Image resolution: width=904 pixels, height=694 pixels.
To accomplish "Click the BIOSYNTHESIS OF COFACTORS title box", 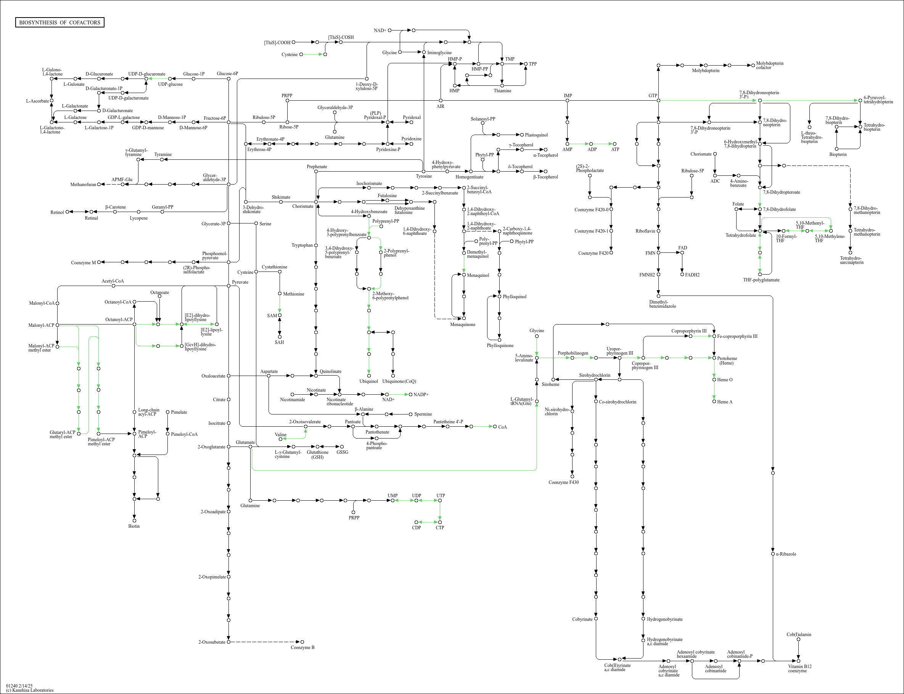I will point(60,22).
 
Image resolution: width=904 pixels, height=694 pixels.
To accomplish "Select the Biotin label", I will point(134,526).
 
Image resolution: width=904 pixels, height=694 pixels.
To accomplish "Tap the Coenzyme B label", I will point(302,647).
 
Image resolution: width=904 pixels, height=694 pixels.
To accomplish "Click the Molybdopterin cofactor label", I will point(769,65).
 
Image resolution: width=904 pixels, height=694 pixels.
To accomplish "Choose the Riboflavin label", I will point(645,231).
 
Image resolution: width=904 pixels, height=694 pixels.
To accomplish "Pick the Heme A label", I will point(725,402).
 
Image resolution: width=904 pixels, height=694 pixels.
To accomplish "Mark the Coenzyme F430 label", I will point(563,482).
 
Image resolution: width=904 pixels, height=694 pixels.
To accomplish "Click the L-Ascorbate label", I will point(37,101).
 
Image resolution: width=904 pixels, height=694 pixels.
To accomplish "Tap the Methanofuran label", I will point(83,185).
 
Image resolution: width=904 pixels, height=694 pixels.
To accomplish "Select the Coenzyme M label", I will point(83,263).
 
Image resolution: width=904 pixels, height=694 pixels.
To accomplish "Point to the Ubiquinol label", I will point(368,381).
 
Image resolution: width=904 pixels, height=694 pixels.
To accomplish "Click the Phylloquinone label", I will point(500,345).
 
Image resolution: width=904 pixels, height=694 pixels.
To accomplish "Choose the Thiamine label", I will point(502,91).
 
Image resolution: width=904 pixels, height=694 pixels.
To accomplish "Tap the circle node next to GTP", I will point(658,100).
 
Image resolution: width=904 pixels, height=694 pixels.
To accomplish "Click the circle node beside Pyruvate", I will point(228,286).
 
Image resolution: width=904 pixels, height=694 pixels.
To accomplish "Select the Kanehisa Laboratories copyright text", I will point(30,690).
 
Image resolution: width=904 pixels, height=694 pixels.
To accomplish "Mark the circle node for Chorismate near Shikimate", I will point(316,202).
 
